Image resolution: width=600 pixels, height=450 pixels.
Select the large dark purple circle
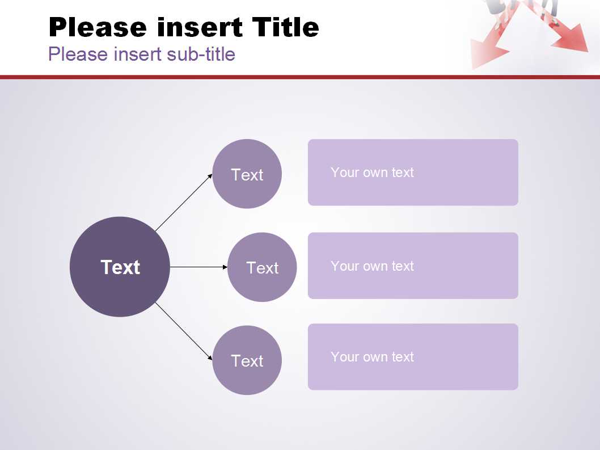coord(120,267)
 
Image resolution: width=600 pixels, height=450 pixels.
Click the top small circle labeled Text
coord(247,174)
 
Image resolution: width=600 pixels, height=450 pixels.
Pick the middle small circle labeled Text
coord(262,267)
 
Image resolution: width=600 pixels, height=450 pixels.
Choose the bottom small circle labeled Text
coord(247,360)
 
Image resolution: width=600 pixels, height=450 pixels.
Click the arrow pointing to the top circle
coord(184,203)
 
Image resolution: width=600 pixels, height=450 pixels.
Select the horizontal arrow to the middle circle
coord(198,267)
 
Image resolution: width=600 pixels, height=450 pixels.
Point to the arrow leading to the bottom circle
coord(184,331)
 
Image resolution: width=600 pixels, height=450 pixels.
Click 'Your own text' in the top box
coord(373,173)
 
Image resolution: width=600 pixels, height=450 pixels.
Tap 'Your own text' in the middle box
coord(373,266)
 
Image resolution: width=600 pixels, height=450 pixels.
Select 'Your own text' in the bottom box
coord(373,357)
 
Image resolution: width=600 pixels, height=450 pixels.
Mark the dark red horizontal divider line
coord(300,77)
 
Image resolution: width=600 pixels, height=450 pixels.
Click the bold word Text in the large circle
coord(120,267)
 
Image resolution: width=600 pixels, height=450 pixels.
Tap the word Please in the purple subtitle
coord(78,54)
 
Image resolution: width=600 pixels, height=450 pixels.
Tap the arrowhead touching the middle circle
coord(225,267)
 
